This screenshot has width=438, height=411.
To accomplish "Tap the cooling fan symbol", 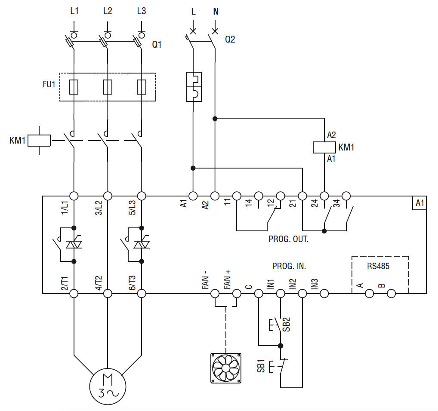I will click(x=225, y=368).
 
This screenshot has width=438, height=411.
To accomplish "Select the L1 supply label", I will click(x=74, y=12).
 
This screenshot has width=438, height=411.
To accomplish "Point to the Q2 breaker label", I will click(x=230, y=40).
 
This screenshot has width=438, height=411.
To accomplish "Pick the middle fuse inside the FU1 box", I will click(x=108, y=87).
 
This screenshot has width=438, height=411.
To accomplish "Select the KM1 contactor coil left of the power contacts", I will click(x=39, y=141).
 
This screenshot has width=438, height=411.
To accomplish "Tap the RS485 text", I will click(x=378, y=266).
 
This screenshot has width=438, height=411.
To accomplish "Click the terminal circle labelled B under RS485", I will click(x=391, y=294).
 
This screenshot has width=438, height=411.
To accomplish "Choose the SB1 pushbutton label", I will click(x=261, y=366).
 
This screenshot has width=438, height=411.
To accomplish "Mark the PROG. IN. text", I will click(x=289, y=267).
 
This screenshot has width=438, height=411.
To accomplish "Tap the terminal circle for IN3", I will click(x=324, y=294).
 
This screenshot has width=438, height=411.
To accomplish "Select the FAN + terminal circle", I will click(x=236, y=294).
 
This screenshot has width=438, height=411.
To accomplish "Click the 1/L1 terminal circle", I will click(x=74, y=196).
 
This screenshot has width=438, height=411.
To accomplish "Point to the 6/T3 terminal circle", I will click(x=141, y=294).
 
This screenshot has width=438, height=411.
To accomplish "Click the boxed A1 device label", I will click(x=419, y=203).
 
